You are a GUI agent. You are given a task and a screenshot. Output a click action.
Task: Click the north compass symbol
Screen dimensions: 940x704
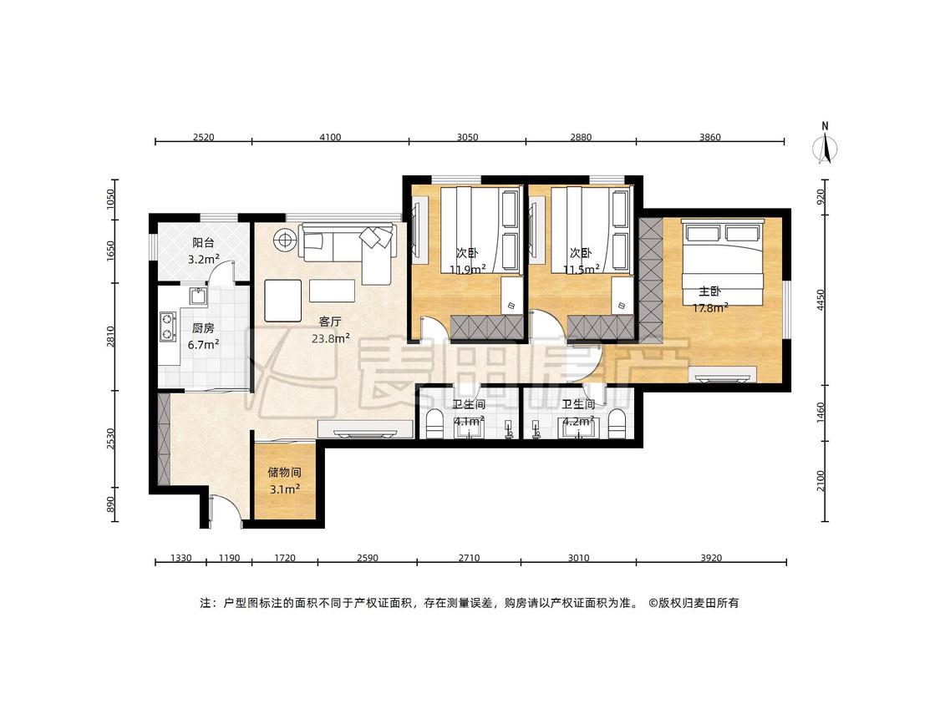826,145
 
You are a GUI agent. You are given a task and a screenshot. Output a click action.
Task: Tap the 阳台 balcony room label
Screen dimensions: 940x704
203,243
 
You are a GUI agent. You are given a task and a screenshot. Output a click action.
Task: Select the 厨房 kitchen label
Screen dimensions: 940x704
203,328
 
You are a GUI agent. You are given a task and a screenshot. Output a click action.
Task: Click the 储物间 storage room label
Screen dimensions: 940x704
284,472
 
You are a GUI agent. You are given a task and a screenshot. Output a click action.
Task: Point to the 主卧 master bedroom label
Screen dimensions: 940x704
709,291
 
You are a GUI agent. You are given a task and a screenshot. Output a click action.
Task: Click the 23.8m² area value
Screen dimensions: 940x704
330,338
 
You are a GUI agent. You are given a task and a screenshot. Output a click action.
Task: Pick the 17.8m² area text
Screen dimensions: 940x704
710,308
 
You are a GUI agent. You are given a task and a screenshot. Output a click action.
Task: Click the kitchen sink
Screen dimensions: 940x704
198,296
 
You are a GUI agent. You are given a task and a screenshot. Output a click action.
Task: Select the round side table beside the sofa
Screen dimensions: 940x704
284,241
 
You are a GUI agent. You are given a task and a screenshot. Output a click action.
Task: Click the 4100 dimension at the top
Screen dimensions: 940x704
330,137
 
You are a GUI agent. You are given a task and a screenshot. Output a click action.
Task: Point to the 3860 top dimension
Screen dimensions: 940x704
709,137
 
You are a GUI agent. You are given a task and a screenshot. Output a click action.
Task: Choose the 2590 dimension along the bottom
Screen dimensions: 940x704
368,558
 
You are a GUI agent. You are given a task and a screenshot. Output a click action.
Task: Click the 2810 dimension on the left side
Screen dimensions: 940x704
109,337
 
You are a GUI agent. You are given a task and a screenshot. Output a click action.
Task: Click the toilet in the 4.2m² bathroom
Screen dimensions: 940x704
617,423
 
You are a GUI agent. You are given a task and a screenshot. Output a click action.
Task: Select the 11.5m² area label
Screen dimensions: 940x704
581,270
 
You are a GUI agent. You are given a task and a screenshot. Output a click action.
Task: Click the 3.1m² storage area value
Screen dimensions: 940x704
284,489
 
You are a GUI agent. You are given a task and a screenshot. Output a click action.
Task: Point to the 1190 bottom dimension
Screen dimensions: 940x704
229,558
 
